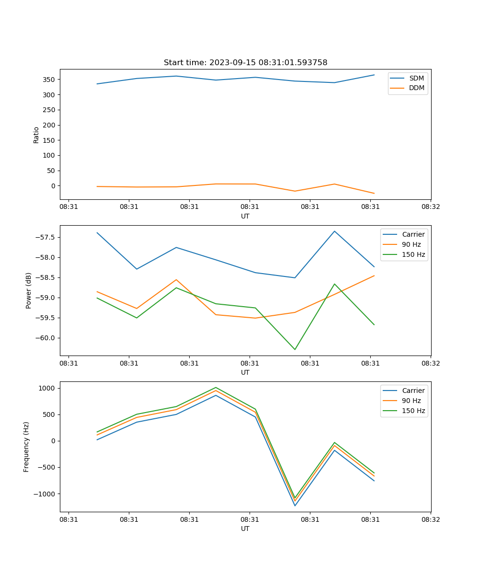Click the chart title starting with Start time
tap(245, 63)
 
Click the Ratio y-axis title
tap(36, 135)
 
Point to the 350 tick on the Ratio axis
tap(49, 80)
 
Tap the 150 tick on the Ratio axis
tap(49, 140)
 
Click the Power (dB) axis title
tap(29, 290)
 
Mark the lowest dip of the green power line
tap(295, 349)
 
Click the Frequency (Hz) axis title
tap(26, 447)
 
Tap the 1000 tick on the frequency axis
tap(47, 388)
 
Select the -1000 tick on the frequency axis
tap(46, 494)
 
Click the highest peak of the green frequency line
tap(216, 387)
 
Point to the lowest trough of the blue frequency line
tap(295, 506)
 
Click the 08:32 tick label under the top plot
tap(430, 207)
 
